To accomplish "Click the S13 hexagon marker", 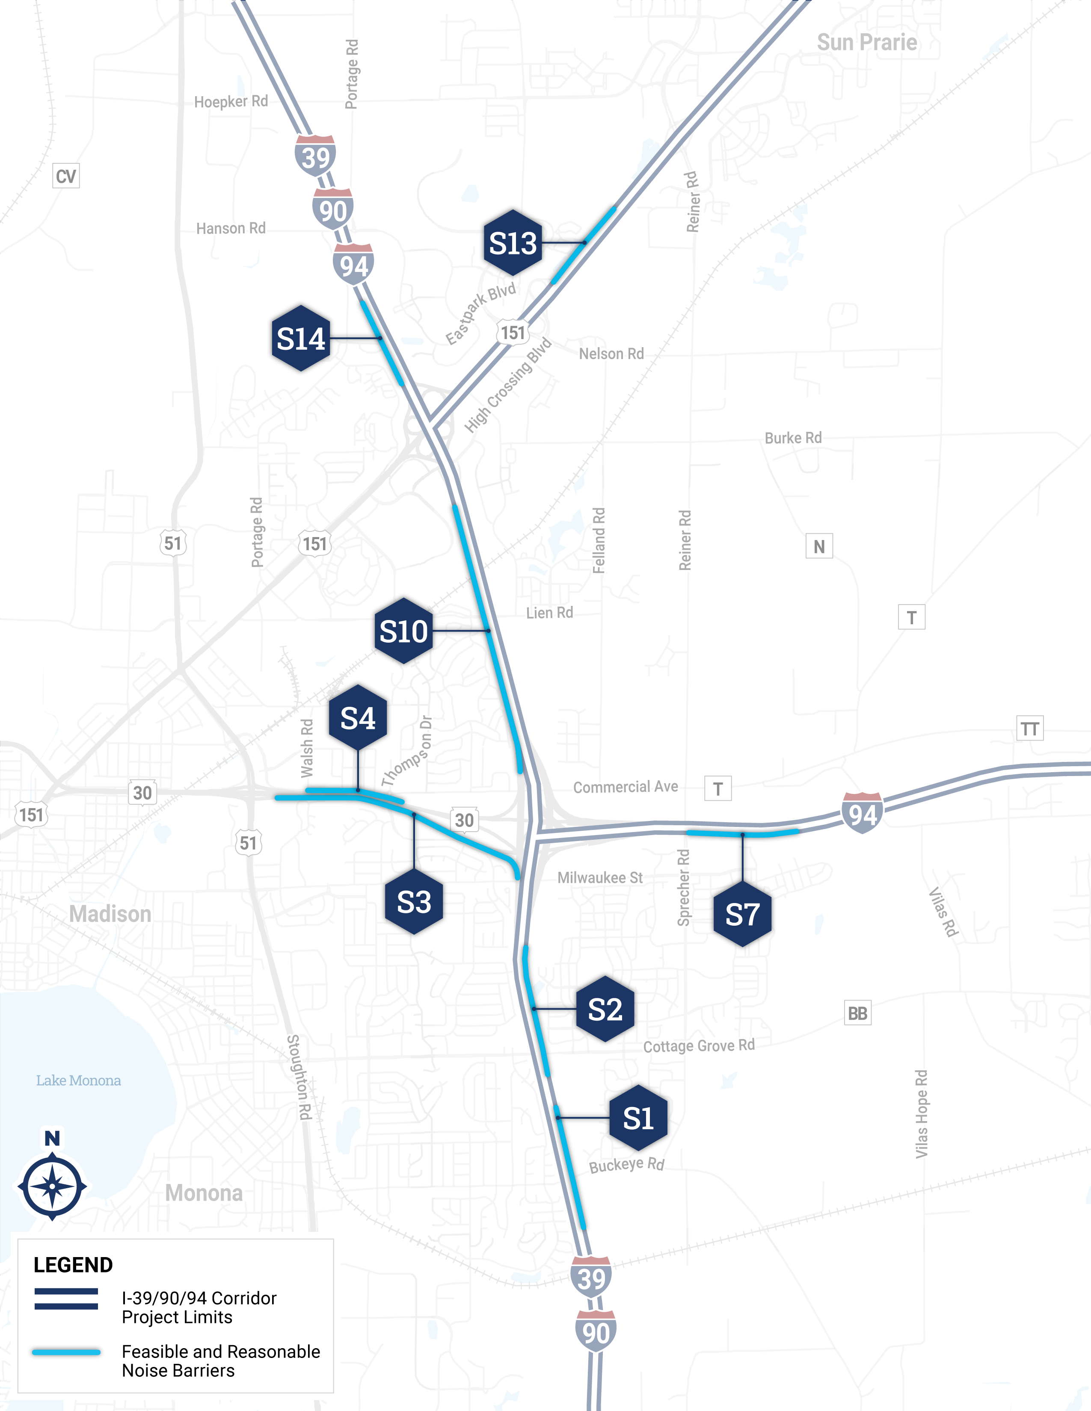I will coord(513,243).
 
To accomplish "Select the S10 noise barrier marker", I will coord(403,631).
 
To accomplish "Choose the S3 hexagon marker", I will coord(414,902).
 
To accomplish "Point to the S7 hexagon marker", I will coord(742,914).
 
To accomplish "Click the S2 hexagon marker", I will coord(605,1009).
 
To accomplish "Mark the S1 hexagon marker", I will coord(638,1118).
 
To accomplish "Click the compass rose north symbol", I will coord(52,1186).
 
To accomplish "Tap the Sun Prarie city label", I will coord(867,43).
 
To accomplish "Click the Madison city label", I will coord(110,914).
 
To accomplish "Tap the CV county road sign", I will coord(66,176).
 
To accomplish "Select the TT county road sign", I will coord(1029,729).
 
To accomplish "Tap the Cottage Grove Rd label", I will coord(699,1046).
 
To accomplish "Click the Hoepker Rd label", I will coord(231,101).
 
